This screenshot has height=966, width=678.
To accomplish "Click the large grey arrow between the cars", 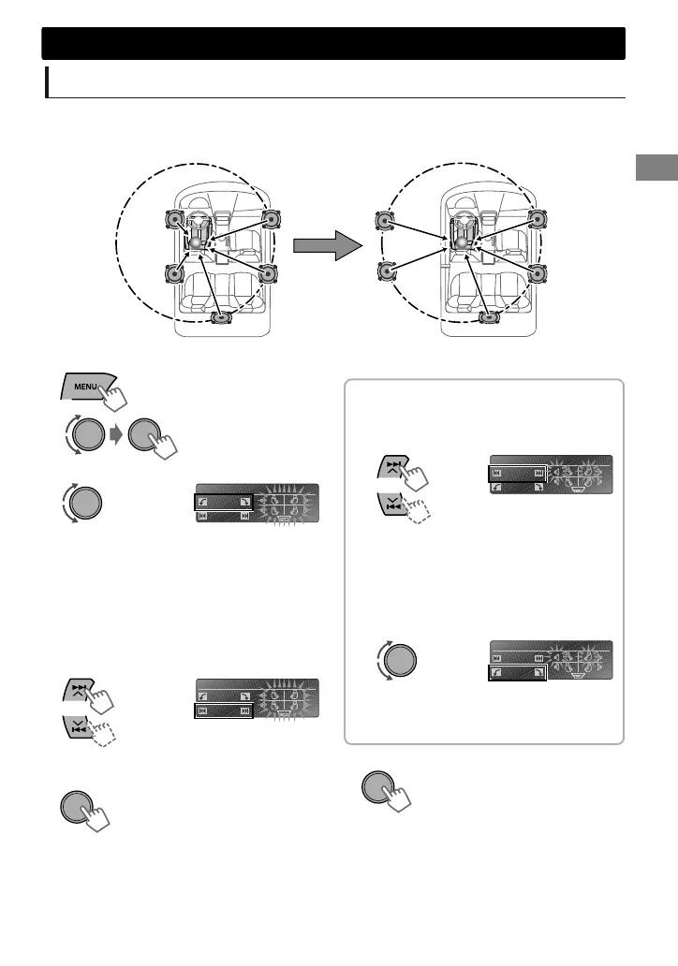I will (327, 247).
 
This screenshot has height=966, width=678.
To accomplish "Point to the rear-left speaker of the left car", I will (175, 273).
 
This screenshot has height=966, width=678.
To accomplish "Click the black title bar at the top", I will (333, 43).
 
